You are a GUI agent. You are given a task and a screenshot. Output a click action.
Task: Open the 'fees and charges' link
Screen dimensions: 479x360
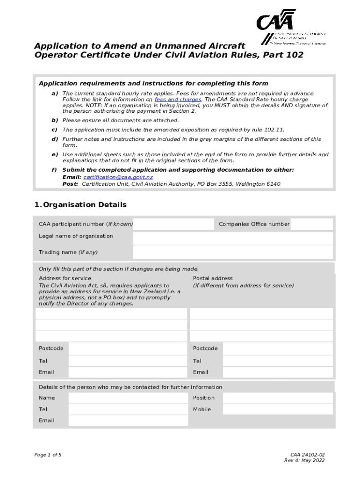click(178, 100)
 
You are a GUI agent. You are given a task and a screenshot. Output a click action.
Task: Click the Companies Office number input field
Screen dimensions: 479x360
click(311, 224)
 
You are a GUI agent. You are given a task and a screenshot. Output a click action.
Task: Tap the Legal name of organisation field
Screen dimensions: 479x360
click(232, 238)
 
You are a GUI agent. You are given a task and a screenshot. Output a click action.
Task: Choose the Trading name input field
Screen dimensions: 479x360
click(232, 252)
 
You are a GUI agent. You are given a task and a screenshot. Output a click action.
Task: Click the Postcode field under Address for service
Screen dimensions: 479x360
click(128, 348)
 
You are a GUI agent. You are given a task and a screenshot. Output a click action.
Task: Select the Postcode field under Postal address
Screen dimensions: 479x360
click(278, 348)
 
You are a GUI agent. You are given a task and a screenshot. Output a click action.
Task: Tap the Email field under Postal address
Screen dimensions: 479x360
click(278, 372)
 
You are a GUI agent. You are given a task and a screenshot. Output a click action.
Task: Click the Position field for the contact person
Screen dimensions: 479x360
click(278, 398)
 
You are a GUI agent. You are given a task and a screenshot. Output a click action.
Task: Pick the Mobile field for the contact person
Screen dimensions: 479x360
click(278, 409)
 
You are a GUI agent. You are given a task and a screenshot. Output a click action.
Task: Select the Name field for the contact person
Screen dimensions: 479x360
click(128, 398)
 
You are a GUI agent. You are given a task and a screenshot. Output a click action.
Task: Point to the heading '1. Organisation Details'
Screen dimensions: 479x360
click(80, 205)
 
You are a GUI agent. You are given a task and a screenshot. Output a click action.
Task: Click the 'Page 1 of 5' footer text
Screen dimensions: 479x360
click(48, 455)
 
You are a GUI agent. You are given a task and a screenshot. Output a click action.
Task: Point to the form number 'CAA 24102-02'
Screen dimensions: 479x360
click(307, 455)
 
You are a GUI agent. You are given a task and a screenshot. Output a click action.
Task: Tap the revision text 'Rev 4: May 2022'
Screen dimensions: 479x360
click(304, 460)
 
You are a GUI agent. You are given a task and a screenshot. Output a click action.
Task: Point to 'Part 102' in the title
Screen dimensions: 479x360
click(284, 55)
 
